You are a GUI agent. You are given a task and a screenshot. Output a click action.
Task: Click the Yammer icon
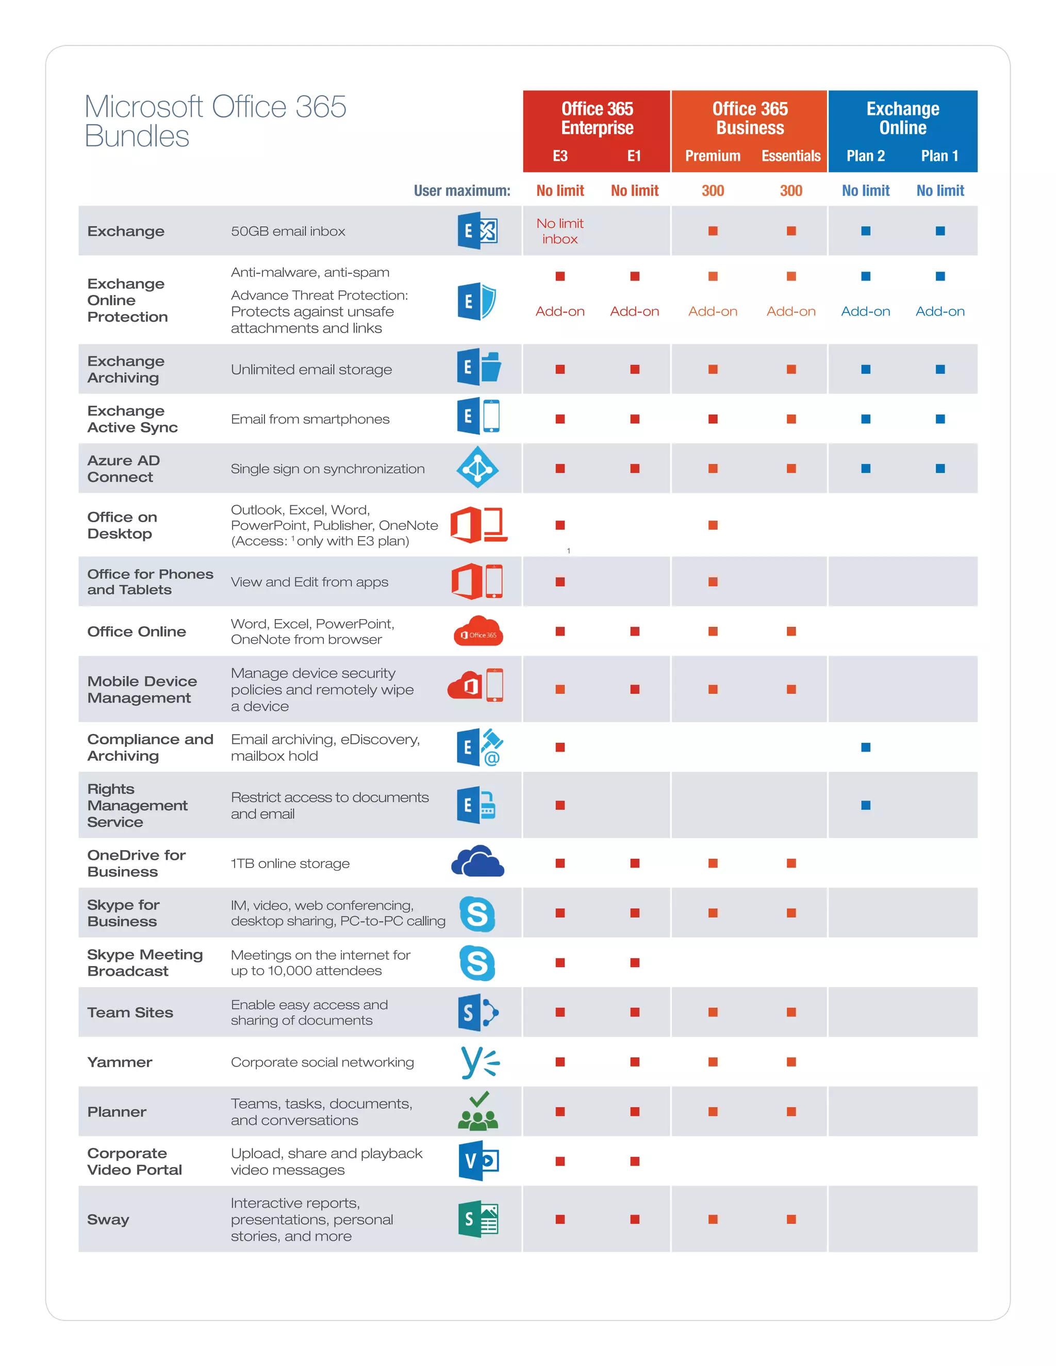pyautogui.click(x=479, y=1062)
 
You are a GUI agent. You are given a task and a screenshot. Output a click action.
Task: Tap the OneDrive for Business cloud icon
pyautogui.click(x=477, y=862)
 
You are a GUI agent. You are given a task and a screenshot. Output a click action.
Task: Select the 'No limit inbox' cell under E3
pyautogui.click(x=560, y=231)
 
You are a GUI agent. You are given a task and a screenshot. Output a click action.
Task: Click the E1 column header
pyautogui.click(x=634, y=156)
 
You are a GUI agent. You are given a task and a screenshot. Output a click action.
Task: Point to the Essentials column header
pyautogui.click(x=791, y=156)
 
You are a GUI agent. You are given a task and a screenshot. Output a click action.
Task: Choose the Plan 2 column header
pyautogui.click(x=865, y=156)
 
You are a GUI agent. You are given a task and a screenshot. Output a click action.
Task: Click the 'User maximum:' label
pyautogui.click(x=461, y=191)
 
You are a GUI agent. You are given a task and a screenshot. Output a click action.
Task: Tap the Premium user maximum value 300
pyautogui.click(x=713, y=191)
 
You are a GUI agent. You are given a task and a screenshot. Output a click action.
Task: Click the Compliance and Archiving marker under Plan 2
pyautogui.click(x=866, y=747)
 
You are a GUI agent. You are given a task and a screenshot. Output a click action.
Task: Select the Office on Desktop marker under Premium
pyautogui.click(x=713, y=525)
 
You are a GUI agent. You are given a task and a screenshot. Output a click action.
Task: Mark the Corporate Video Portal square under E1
pyautogui.click(x=634, y=1161)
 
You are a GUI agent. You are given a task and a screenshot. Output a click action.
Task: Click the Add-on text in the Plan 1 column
pyautogui.click(x=939, y=311)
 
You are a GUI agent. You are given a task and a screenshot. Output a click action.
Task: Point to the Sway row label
pyautogui.click(x=108, y=1219)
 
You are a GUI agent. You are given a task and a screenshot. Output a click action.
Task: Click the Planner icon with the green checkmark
pyautogui.click(x=478, y=1111)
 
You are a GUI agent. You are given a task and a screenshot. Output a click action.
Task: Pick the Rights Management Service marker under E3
pyautogui.click(x=560, y=805)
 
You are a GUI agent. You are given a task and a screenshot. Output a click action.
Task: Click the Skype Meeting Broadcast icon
pyautogui.click(x=477, y=962)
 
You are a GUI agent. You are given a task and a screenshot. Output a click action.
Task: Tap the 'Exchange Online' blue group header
pyautogui.click(x=902, y=118)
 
